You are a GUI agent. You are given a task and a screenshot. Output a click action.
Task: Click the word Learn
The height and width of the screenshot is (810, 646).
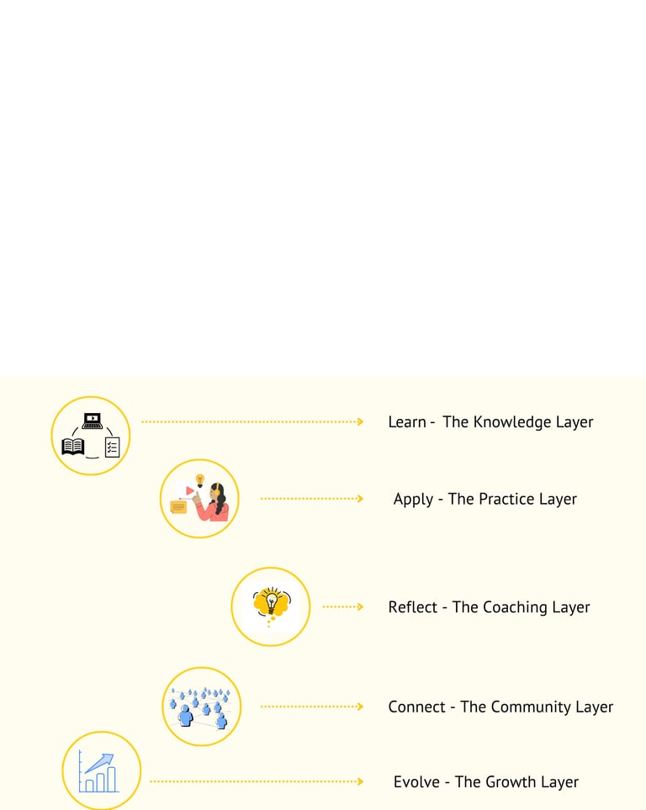407,422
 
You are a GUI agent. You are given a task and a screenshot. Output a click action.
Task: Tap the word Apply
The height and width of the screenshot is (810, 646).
413,500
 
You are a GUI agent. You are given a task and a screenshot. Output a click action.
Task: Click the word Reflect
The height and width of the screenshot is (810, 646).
412,607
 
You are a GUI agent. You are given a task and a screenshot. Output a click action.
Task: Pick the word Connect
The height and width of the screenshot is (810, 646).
416,707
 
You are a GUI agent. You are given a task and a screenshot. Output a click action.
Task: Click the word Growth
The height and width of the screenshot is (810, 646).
512,782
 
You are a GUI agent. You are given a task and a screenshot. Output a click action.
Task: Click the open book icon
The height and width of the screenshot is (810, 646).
73,447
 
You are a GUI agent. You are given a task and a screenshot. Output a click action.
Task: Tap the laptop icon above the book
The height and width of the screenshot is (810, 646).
93,421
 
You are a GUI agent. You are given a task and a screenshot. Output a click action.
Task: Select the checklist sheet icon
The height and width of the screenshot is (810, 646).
112,447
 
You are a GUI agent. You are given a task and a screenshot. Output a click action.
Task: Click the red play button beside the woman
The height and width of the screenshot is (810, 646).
191,490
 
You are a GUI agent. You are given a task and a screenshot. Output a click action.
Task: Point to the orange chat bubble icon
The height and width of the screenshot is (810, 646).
178,507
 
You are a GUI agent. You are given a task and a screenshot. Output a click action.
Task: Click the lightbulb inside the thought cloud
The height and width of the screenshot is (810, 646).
271,601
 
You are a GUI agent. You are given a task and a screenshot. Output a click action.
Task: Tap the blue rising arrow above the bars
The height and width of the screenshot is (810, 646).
99,762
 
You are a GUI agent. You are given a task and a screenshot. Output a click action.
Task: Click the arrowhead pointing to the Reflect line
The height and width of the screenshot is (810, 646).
360,606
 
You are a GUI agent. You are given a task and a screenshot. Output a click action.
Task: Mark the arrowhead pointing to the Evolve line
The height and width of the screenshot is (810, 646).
360,781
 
